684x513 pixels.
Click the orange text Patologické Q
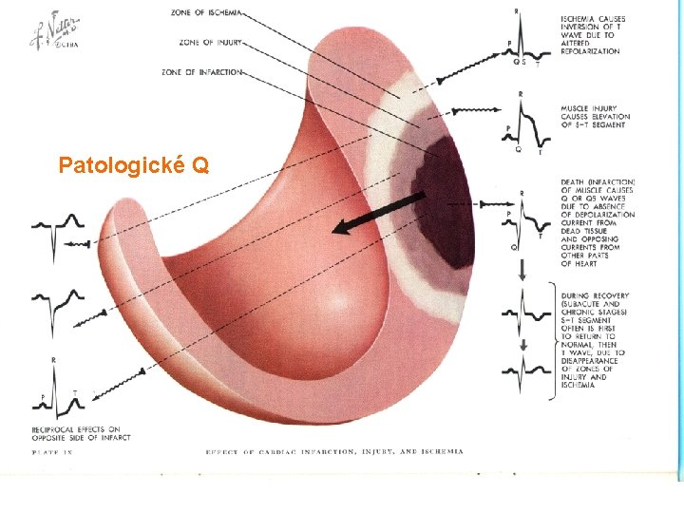click(x=134, y=165)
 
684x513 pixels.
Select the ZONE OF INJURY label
click(x=210, y=42)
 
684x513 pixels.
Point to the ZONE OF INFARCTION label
click(x=201, y=71)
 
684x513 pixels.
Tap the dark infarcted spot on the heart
click(x=446, y=199)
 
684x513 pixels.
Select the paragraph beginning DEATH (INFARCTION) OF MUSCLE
click(x=598, y=222)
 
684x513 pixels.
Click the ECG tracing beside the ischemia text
click(x=524, y=43)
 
